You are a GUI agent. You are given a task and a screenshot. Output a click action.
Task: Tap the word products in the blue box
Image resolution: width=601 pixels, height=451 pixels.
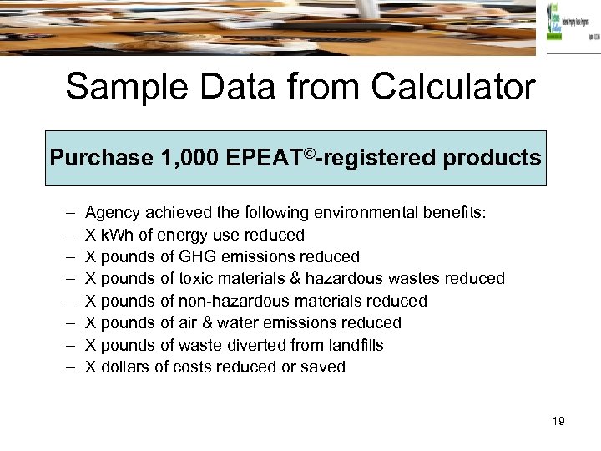tap(492, 158)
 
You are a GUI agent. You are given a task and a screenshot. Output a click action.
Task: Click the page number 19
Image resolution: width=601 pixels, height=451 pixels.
tap(558, 421)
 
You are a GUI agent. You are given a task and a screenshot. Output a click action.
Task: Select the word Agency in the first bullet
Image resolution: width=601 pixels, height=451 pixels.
tap(112, 214)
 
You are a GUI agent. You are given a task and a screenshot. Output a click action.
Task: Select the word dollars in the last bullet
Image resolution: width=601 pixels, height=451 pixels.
tap(126, 367)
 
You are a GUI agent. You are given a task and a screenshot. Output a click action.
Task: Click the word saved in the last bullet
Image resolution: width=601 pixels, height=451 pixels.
tap(324, 367)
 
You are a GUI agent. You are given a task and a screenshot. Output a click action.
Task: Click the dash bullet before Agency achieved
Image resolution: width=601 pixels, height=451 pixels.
tap(67, 214)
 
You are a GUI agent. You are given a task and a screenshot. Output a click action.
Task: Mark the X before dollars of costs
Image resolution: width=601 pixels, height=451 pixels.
tap(91, 367)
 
